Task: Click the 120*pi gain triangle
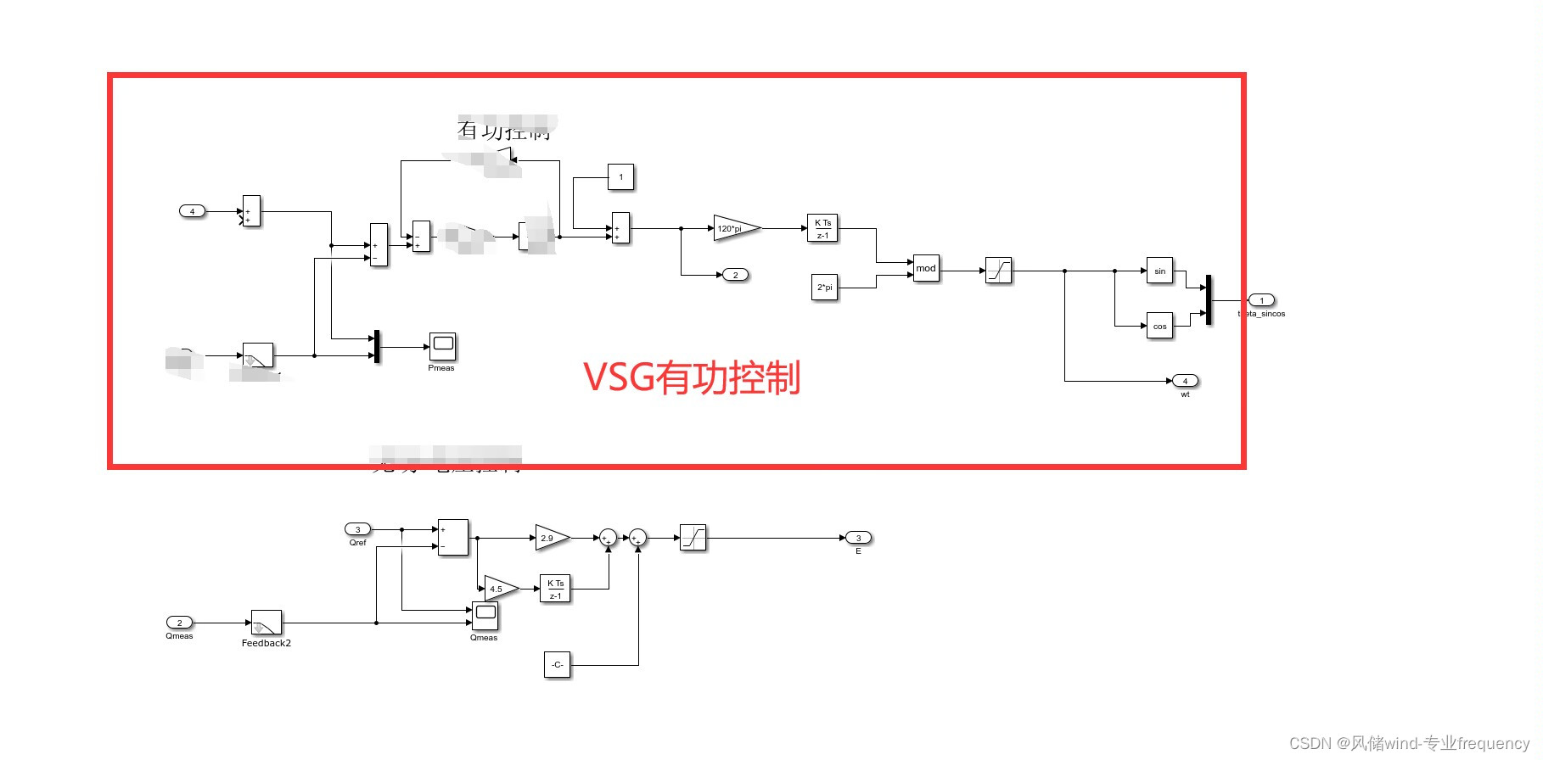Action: pyautogui.click(x=735, y=228)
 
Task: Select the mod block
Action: pyautogui.click(x=926, y=268)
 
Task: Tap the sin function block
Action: pyautogui.click(x=1159, y=271)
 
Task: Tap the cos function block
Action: pyautogui.click(x=1159, y=326)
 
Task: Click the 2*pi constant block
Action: pyautogui.click(x=825, y=288)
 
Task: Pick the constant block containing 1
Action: pyautogui.click(x=620, y=177)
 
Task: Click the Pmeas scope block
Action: pyautogui.click(x=442, y=346)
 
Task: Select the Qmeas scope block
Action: pyautogui.click(x=485, y=616)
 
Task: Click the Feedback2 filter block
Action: pyautogui.click(x=267, y=623)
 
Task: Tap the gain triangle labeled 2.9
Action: pyautogui.click(x=550, y=538)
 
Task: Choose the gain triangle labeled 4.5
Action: pyautogui.click(x=499, y=589)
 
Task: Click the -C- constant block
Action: pyautogui.click(x=557, y=664)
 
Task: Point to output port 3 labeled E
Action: pyautogui.click(x=858, y=538)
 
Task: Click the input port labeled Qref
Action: pyautogui.click(x=357, y=529)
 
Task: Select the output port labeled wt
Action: pyautogui.click(x=1185, y=381)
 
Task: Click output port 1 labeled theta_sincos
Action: pyautogui.click(x=1261, y=300)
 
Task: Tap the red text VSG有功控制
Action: pyautogui.click(x=692, y=377)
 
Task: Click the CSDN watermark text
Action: pyautogui.click(x=1409, y=743)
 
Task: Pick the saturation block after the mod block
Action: pyautogui.click(x=998, y=271)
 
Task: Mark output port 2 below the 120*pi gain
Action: pyautogui.click(x=735, y=275)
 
